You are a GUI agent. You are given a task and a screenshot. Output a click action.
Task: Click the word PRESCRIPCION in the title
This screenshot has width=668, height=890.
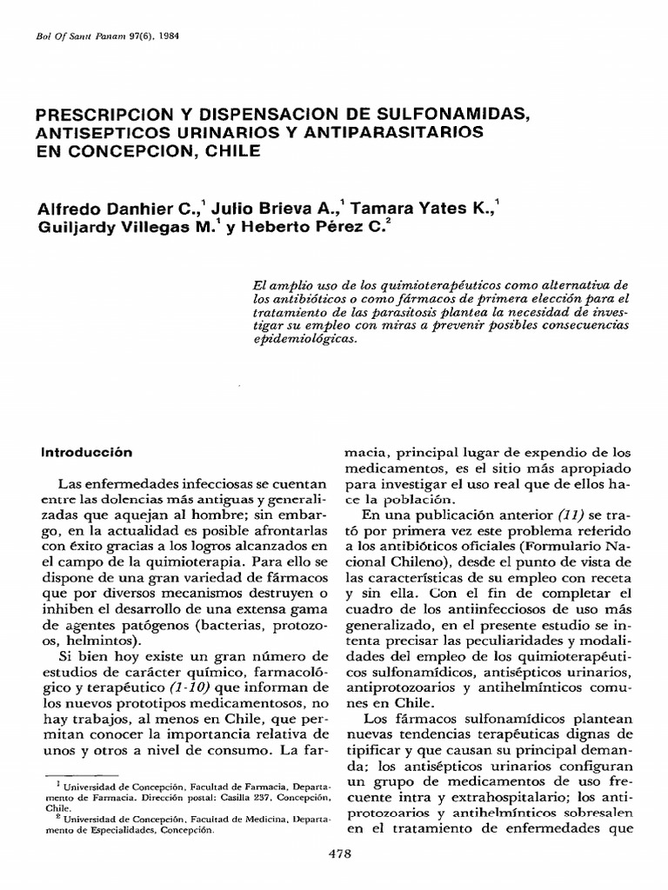tap(103, 116)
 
